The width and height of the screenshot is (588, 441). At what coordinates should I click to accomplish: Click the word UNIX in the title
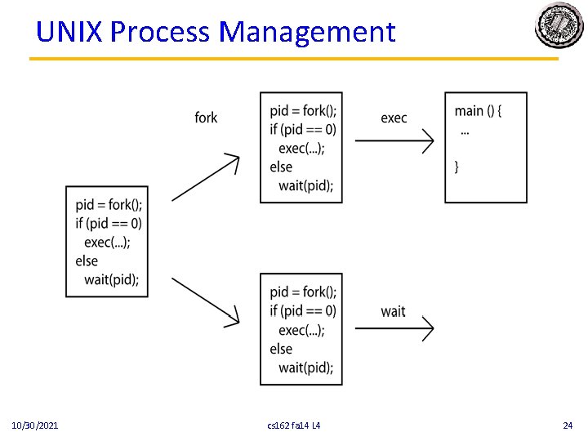(69, 32)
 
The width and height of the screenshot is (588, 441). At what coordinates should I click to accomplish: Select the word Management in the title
(308, 32)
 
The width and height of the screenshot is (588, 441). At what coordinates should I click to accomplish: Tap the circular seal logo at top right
(559, 26)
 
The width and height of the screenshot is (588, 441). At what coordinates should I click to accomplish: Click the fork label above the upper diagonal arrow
(206, 118)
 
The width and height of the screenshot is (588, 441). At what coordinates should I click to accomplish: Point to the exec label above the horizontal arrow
(394, 118)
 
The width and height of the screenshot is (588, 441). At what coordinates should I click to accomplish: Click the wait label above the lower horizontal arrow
(393, 311)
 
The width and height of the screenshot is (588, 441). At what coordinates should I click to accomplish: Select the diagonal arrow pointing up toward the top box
(205, 177)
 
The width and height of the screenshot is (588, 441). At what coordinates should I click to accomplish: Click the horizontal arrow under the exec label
(394, 141)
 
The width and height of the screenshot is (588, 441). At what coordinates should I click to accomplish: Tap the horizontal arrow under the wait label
(394, 328)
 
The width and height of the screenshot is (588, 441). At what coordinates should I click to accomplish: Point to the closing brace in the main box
(457, 167)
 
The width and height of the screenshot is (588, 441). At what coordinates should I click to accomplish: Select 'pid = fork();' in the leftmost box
(109, 204)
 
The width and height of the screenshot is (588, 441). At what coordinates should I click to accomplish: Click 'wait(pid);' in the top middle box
(305, 185)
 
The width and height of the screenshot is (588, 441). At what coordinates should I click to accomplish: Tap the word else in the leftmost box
(87, 261)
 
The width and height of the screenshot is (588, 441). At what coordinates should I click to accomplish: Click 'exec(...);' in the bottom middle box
(301, 330)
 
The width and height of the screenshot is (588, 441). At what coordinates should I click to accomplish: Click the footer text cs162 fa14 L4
(294, 425)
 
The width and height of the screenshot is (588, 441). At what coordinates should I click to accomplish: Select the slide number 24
(568, 425)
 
